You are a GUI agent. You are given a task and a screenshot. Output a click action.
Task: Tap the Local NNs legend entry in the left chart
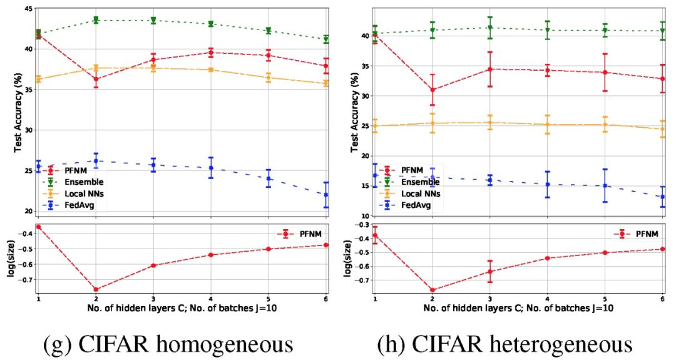81,193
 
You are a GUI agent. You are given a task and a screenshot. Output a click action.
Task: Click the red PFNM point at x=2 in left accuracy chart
96,79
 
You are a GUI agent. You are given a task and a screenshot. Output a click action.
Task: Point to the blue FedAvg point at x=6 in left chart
326,195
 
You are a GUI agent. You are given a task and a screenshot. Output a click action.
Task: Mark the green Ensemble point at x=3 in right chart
490,28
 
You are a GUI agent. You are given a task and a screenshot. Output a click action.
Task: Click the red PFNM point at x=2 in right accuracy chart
433,90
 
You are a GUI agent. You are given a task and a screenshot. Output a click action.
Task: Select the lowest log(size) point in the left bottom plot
96,289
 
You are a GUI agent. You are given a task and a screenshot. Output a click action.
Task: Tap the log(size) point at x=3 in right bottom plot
490,272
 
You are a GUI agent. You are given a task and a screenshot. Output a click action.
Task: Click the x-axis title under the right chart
519,307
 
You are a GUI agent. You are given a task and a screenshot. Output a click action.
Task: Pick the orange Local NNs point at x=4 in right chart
548,125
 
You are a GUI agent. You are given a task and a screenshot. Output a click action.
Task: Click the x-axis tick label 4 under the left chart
211,299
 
